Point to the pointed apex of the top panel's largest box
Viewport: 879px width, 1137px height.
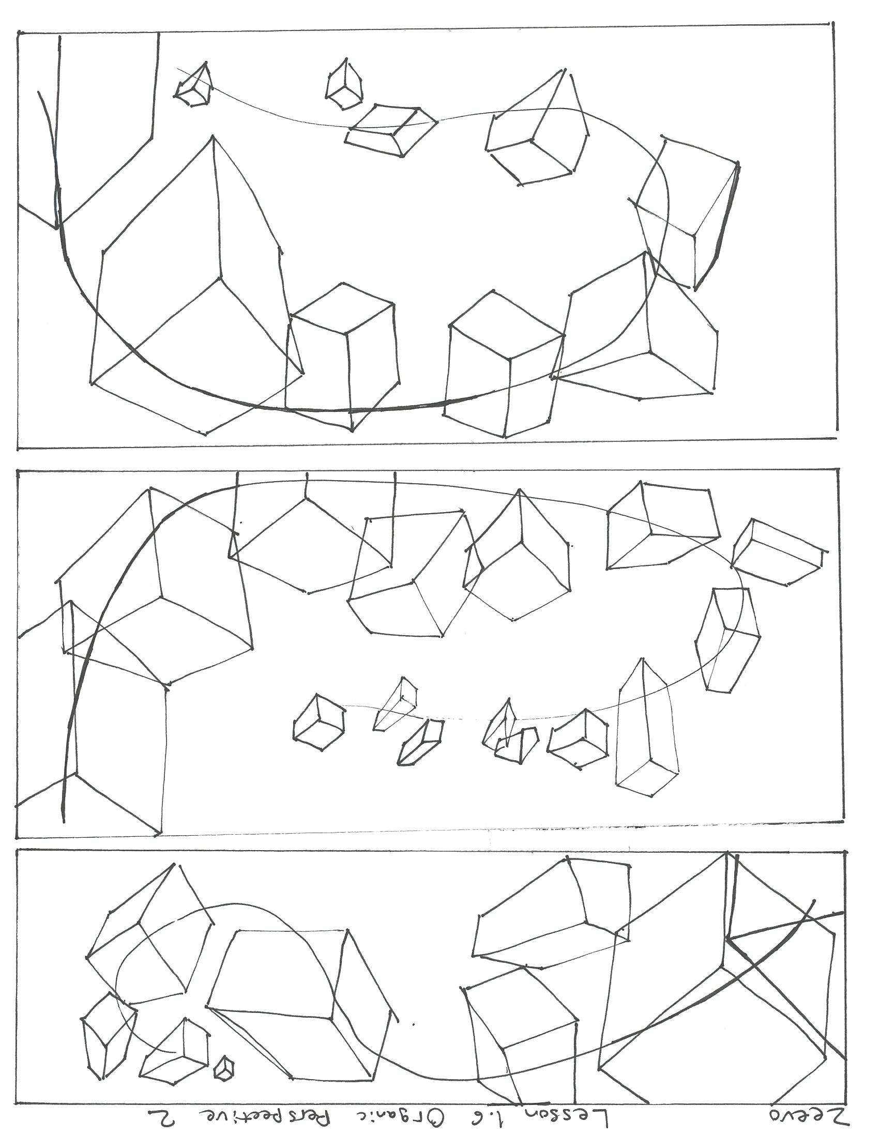tap(213, 136)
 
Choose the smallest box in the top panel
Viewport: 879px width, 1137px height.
tap(193, 84)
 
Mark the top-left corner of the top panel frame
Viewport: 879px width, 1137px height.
tap(19, 32)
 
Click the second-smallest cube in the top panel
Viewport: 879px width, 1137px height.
tap(344, 84)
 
